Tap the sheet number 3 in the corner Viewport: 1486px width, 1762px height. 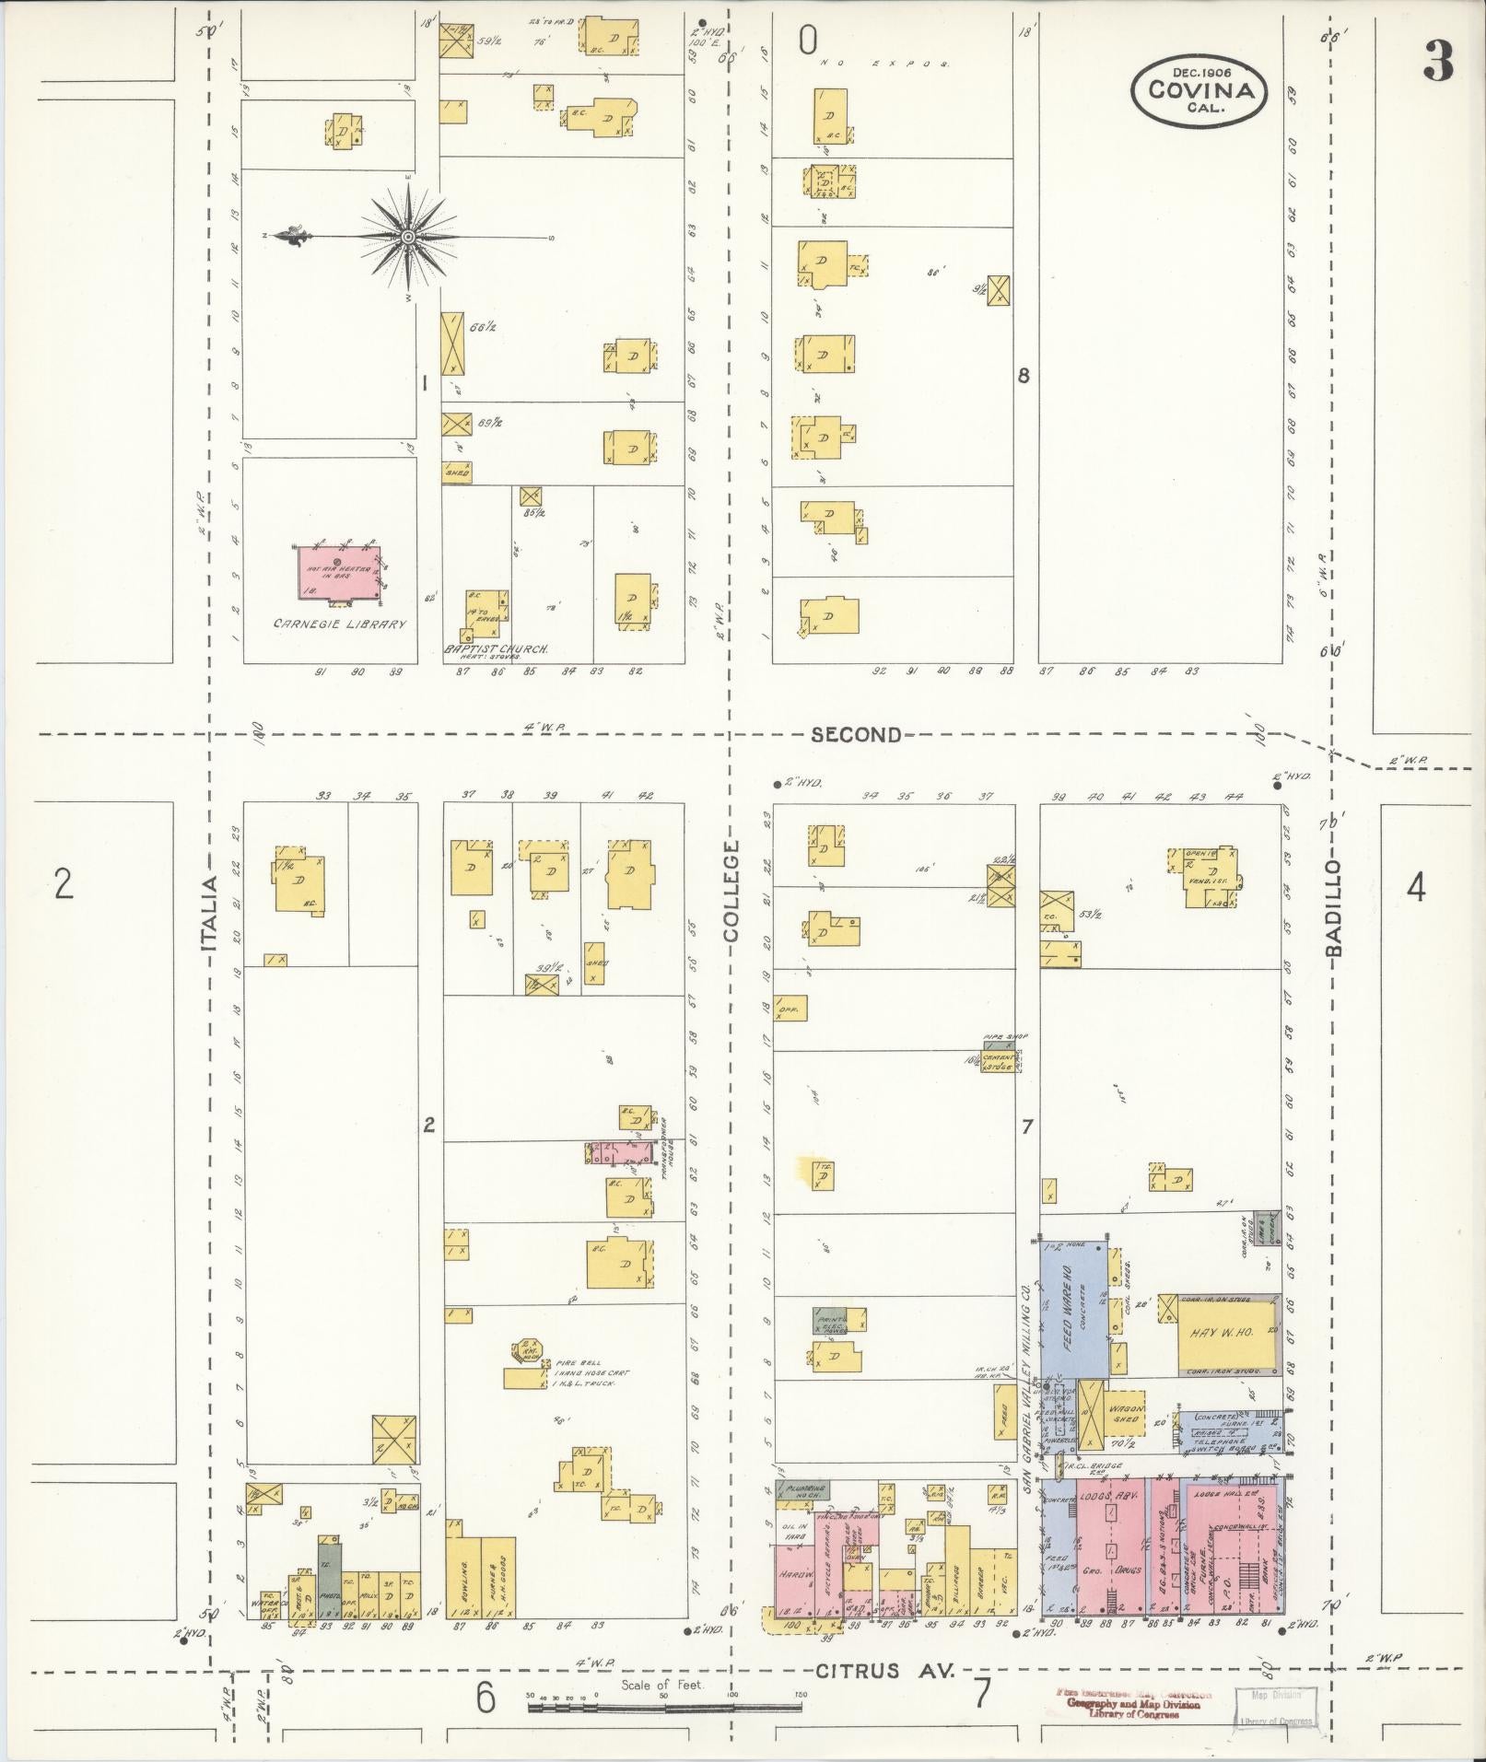1437,62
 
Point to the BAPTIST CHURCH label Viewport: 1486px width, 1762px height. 496,648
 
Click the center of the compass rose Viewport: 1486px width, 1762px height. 406,237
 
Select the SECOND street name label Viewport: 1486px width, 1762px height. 856,734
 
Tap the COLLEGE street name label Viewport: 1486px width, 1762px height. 731,891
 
